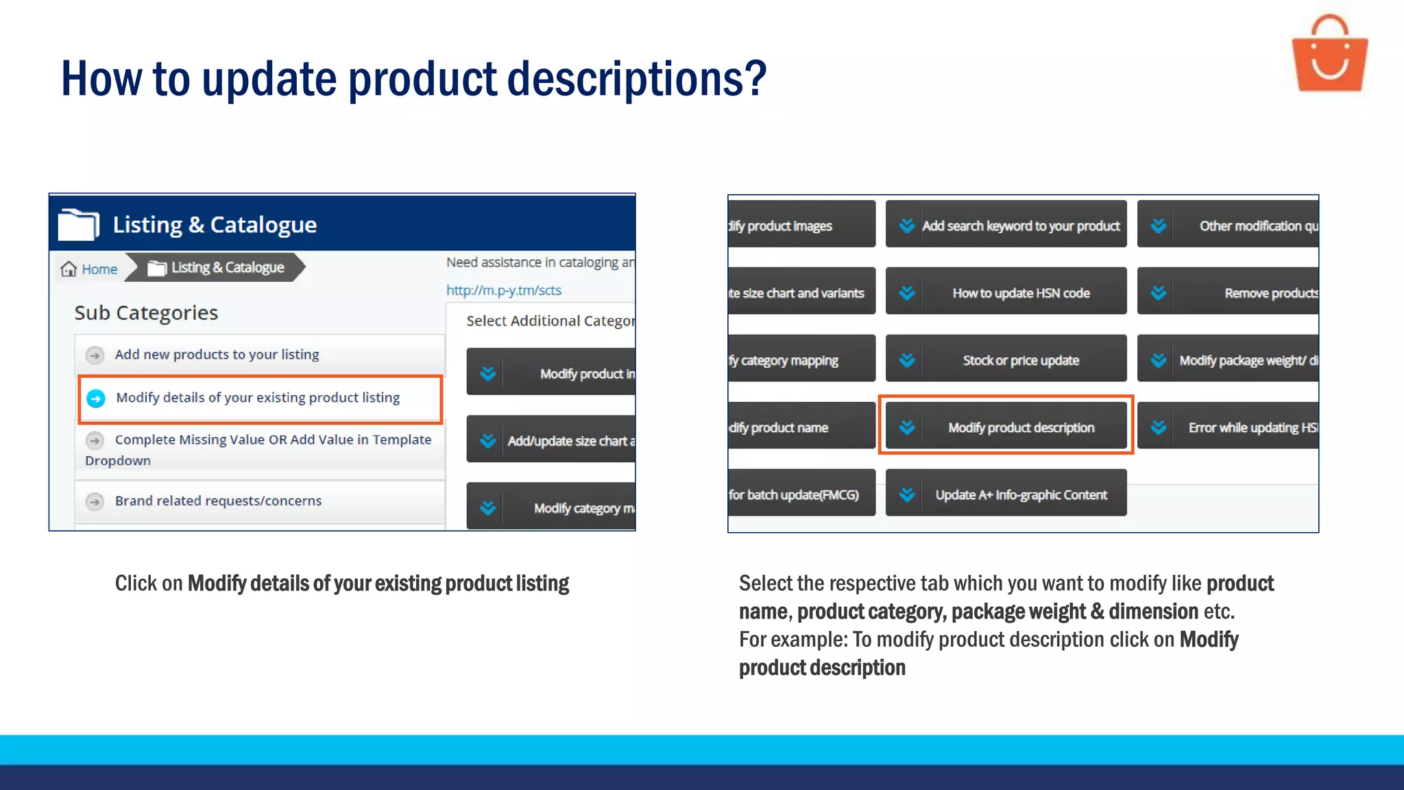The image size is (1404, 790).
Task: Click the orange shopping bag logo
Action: click(x=1329, y=55)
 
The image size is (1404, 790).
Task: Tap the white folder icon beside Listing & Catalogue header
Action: click(x=78, y=224)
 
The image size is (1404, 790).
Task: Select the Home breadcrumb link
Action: click(x=99, y=269)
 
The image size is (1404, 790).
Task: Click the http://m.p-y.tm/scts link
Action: click(x=503, y=290)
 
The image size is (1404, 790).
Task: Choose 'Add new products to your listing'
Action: click(x=217, y=355)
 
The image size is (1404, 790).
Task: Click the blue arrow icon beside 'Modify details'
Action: click(x=96, y=398)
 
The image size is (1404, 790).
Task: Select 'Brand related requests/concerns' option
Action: click(x=218, y=501)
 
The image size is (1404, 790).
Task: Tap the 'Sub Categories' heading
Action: click(x=146, y=313)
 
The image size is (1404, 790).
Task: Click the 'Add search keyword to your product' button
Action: click(x=1006, y=226)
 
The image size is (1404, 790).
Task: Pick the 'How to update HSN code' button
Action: click(x=1006, y=293)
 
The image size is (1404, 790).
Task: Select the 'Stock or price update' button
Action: click(x=1006, y=360)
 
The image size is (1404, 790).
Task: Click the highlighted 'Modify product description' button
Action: click(x=1006, y=427)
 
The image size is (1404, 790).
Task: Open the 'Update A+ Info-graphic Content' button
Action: click(x=1006, y=494)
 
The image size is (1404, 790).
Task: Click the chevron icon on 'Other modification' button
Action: click(x=1159, y=226)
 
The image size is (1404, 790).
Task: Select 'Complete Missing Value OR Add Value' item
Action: click(x=272, y=440)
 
